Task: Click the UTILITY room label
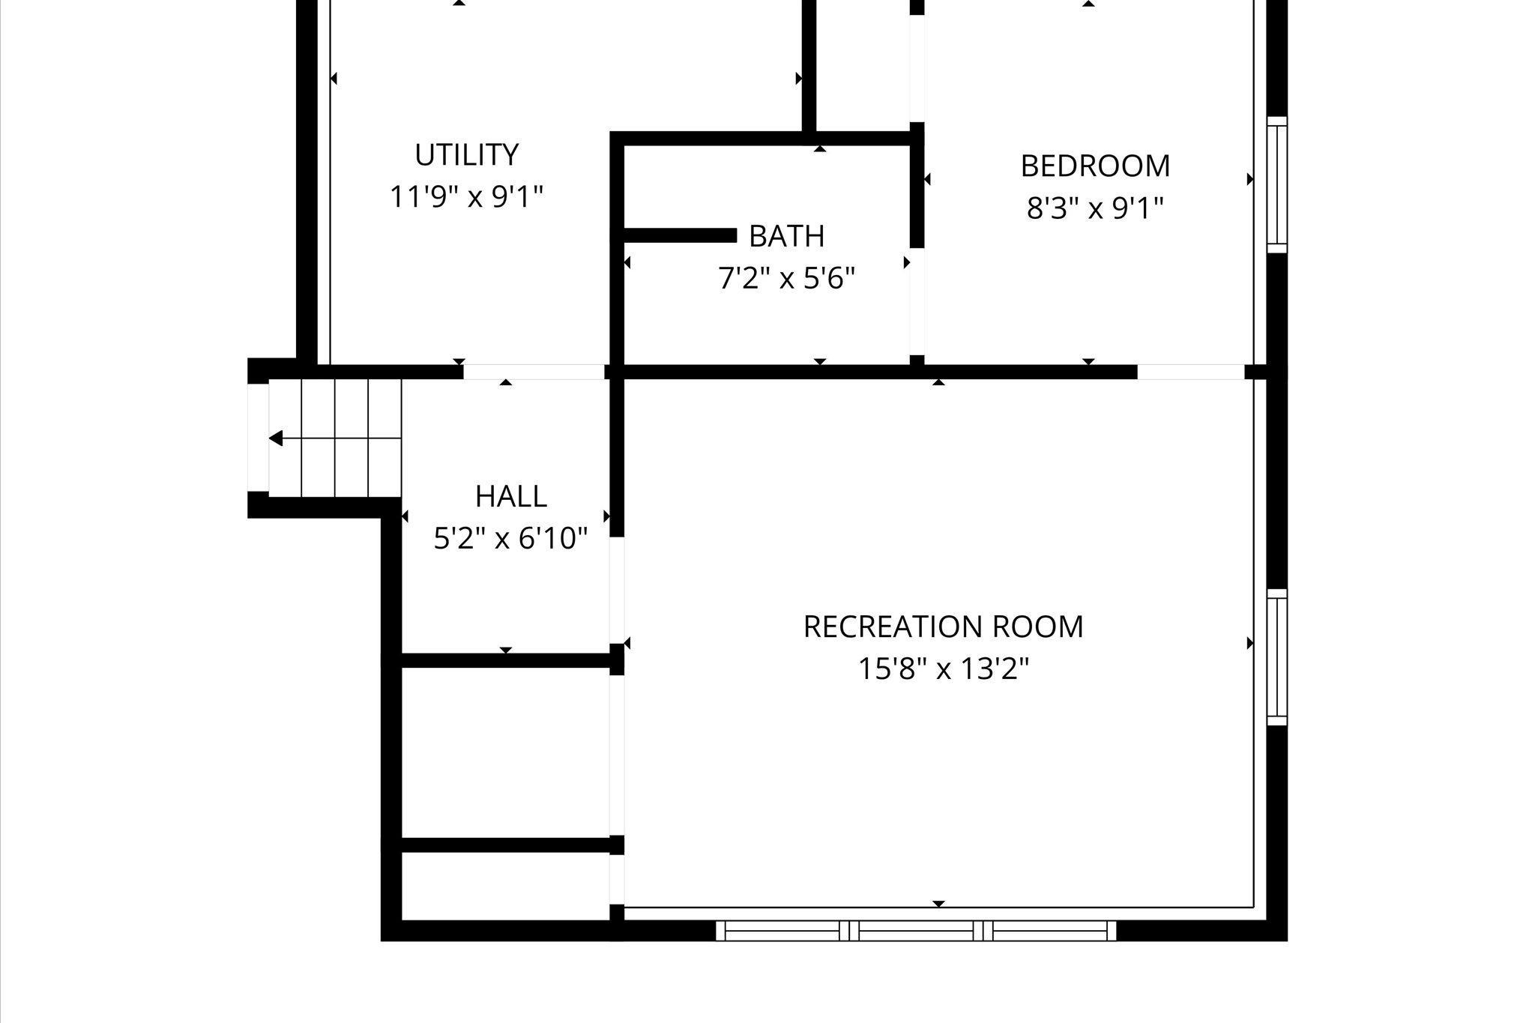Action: tap(466, 155)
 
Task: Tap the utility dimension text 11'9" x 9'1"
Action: tap(466, 197)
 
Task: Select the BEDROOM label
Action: tap(1095, 166)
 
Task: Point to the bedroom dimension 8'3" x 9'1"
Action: tap(1095, 208)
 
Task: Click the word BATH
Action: tap(787, 236)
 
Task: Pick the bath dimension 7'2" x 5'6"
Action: tap(787, 279)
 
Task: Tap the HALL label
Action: tap(510, 496)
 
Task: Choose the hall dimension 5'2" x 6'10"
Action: tap(510, 538)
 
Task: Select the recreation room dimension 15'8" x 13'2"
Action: tap(944, 669)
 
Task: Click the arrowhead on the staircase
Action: tap(276, 438)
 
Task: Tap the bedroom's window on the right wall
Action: tap(1277, 184)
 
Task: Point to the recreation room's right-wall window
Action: tap(1277, 657)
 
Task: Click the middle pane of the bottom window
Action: tap(916, 931)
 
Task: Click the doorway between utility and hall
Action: tap(534, 372)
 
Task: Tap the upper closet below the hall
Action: tap(506, 752)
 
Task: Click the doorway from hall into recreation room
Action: tap(617, 590)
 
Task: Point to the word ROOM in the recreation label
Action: tap(1040, 627)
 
